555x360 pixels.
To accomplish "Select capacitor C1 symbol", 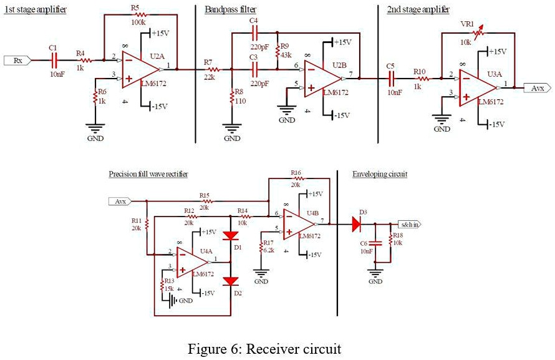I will [x=54, y=60].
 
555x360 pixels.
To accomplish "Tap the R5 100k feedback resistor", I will [x=138, y=14].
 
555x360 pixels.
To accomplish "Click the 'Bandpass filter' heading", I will [x=231, y=9].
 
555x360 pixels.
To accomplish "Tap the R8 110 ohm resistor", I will [x=231, y=98].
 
